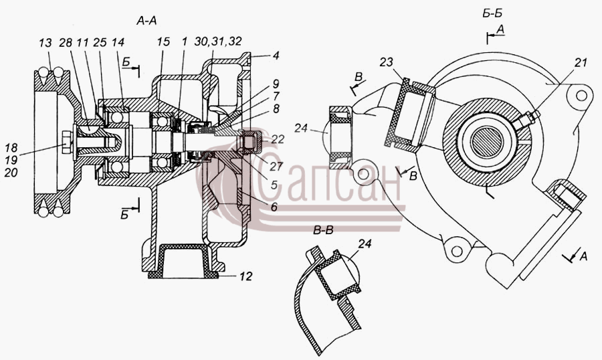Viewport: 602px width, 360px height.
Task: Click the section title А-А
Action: click(146, 21)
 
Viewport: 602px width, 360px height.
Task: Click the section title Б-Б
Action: click(492, 13)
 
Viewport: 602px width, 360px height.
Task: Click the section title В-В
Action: click(323, 231)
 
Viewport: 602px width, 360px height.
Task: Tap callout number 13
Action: click(45, 43)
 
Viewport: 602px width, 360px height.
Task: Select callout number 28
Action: click(66, 43)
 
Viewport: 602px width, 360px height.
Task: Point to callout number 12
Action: click(245, 276)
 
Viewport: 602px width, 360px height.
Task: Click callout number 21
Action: click(581, 62)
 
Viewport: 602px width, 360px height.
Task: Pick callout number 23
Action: click(387, 62)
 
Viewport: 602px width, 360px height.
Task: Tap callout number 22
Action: click(278, 139)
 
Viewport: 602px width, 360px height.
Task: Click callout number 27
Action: click(276, 166)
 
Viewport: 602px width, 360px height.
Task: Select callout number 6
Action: click(274, 207)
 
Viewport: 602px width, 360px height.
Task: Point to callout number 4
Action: click(276, 56)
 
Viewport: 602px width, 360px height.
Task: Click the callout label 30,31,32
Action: click(218, 41)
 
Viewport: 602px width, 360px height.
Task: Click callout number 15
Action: click(163, 42)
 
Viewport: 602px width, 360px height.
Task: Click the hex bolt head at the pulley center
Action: click(67, 143)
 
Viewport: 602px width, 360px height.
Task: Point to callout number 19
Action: click(11, 160)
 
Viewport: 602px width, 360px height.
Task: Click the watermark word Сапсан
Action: click(330, 183)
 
